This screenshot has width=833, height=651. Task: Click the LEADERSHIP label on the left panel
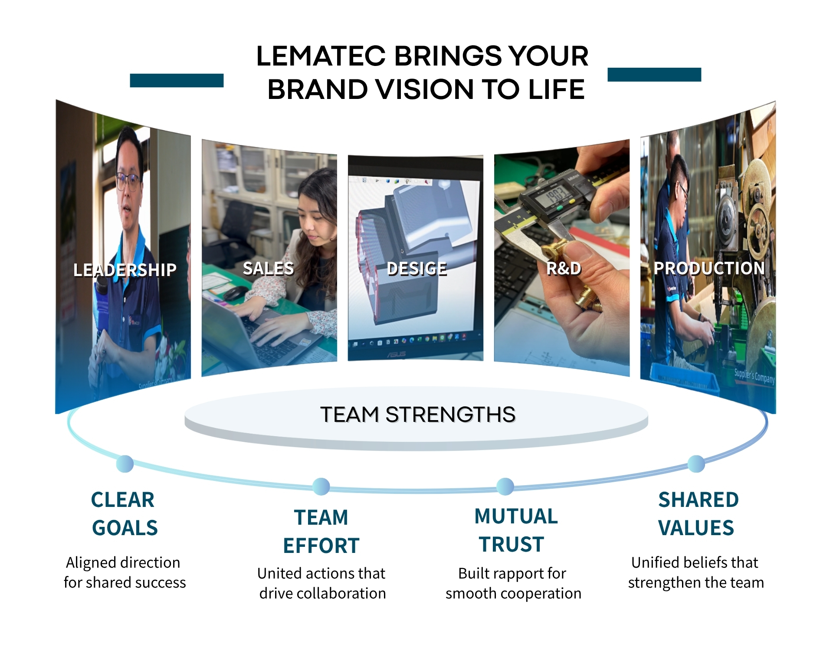click(x=125, y=270)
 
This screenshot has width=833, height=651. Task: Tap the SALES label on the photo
click(x=269, y=269)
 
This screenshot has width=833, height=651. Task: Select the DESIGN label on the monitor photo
click(x=416, y=269)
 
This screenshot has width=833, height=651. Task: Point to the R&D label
click(x=564, y=269)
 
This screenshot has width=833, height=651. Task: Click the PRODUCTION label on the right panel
click(x=709, y=268)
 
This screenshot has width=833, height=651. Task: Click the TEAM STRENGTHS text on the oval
click(x=418, y=414)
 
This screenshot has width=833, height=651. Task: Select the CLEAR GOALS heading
click(x=124, y=514)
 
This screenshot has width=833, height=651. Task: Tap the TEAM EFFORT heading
click(x=321, y=532)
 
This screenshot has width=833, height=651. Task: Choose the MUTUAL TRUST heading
click(x=515, y=530)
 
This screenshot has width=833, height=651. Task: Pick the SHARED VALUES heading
click(x=698, y=514)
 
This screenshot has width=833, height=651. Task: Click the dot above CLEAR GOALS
click(x=125, y=464)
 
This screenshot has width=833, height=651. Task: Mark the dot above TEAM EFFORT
click(x=321, y=487)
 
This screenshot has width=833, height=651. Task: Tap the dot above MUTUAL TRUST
click(x=505, y=487)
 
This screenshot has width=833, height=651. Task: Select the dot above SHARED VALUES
click(x=696, y=464)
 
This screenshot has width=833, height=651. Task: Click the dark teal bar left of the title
click(x=177, y=80)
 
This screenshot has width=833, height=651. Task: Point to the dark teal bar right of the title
click(x=654, y=74)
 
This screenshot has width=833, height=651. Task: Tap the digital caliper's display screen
click(x=552, y=196)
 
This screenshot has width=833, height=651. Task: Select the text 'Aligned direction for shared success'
click(x=125, y=572)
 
